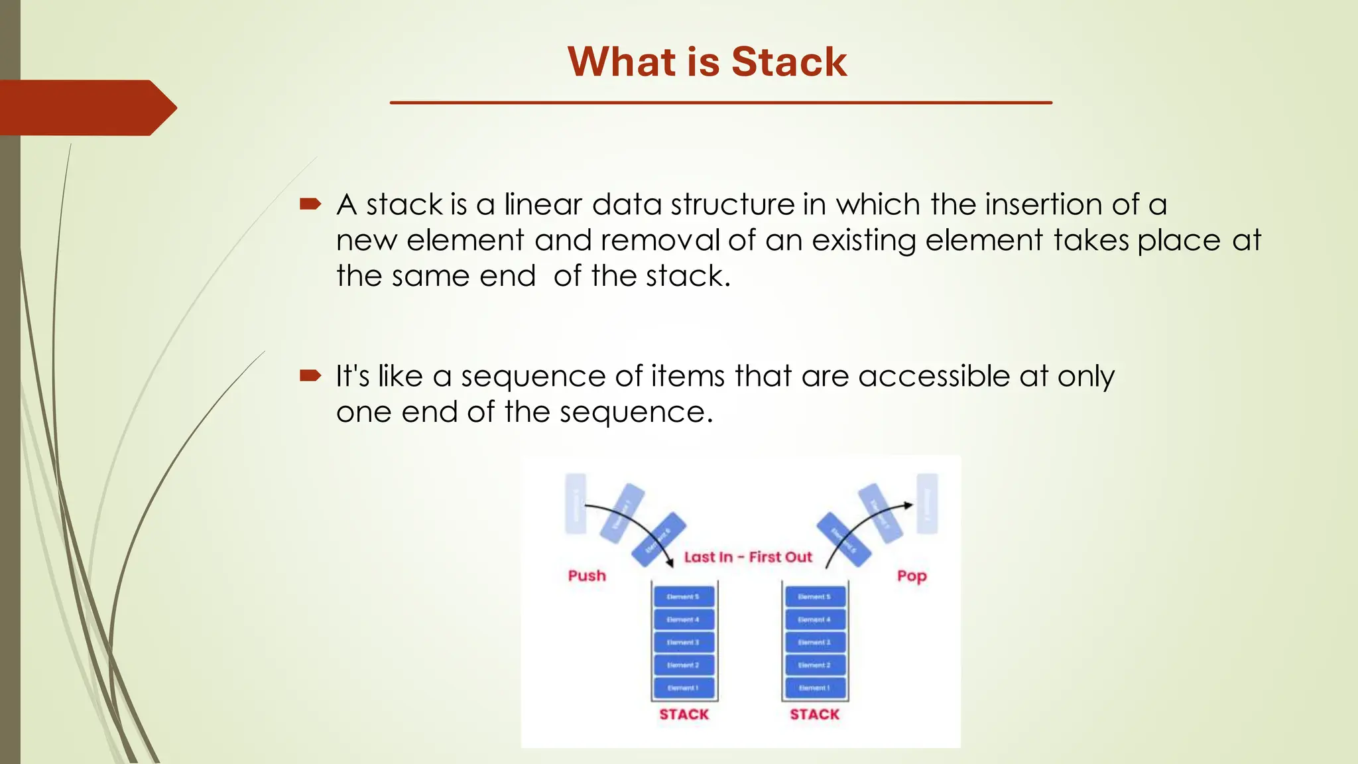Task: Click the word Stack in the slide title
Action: point(789,62)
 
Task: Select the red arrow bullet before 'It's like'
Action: point(310,376)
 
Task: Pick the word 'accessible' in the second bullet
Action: point(934,376)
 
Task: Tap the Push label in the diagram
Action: point(587,576)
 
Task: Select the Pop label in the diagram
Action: point(912,576)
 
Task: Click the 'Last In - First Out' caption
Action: point(748,557)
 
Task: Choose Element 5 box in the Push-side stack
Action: point(684,597)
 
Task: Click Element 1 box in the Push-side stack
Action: point(684,688)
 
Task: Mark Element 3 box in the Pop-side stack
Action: point(814,642)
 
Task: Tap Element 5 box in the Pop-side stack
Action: point(814,597)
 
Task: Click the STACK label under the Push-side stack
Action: point(684,714)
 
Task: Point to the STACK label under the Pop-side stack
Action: point(814,714)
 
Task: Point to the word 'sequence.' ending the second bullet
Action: point(636,413)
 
